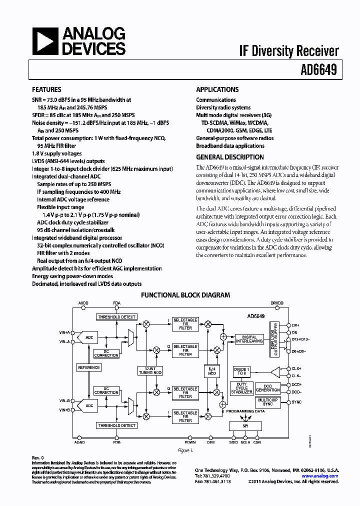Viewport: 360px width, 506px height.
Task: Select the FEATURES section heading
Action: [46, 90]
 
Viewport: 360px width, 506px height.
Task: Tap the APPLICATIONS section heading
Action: [217, 90]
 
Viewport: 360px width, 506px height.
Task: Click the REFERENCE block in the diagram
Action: [88, 367]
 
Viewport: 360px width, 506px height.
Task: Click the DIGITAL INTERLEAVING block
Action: [245, 339]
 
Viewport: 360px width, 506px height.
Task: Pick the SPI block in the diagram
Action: [244, 426]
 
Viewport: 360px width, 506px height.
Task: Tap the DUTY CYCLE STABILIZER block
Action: [242, 388]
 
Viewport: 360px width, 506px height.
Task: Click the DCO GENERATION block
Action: [268, 388]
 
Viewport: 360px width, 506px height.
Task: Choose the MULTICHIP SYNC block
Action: [267, 402]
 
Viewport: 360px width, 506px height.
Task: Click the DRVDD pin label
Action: [276, 303]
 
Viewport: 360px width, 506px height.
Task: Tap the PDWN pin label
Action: [189, 442]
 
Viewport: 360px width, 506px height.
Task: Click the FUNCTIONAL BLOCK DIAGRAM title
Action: [185, 295]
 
